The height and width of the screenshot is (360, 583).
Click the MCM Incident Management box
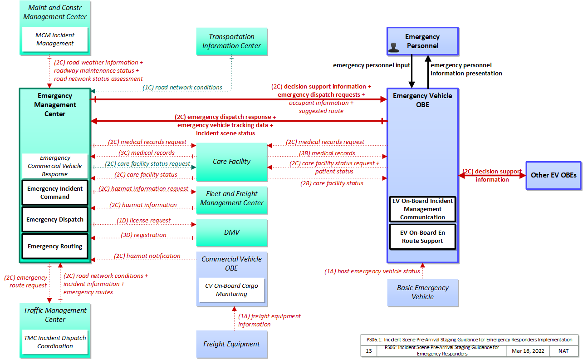point(55,39)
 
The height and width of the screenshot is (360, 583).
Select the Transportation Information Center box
point(232,41)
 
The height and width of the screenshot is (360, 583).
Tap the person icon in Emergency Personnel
point(393,47)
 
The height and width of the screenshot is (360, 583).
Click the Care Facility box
point(232,162)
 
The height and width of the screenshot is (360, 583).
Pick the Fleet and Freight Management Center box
point(232,200)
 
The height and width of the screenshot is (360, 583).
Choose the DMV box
point(232,232)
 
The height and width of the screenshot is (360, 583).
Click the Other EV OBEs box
point(554,175)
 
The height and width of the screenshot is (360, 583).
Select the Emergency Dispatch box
point(55,219)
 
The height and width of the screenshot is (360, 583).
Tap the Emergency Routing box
point(55,246)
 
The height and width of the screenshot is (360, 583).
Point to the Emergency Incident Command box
point(55,192)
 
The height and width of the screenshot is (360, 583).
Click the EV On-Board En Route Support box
point(422,237)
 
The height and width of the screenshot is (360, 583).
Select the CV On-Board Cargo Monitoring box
point(232,290)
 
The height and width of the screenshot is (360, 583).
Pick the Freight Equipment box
point(232,344)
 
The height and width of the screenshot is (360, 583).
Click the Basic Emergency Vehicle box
point(423,292)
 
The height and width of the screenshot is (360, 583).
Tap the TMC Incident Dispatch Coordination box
point(55,342)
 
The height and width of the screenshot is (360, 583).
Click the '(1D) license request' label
point(143,220)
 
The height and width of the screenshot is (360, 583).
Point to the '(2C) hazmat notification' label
point(147,256)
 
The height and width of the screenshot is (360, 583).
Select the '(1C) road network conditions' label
point(182,87)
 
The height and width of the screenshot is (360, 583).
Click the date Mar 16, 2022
point(528,351)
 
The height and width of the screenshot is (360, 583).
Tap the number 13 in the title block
point(368,351)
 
